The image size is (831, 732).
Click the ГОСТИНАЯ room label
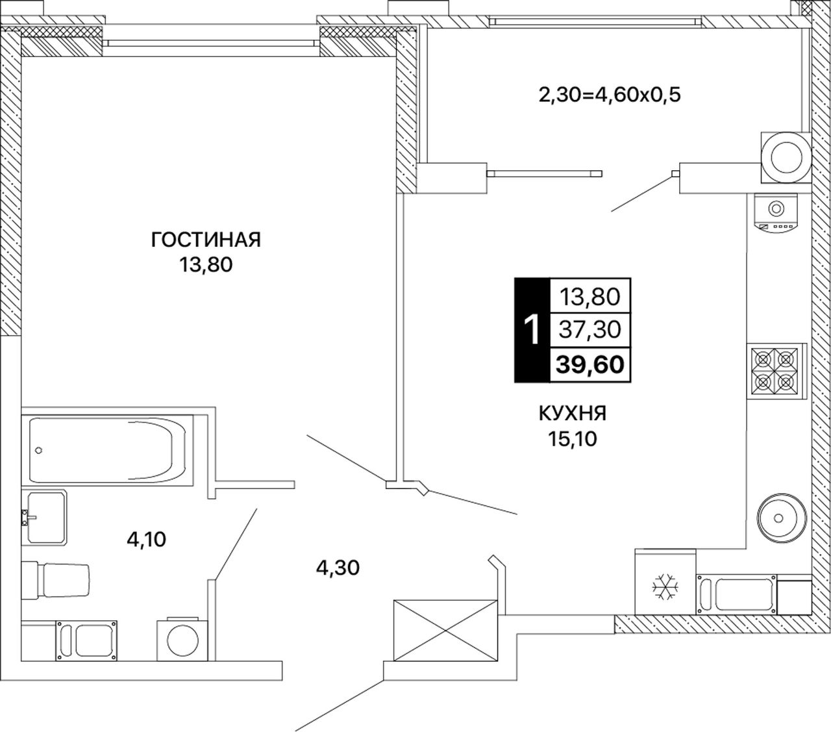point(206,240)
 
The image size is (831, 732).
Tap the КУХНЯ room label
point(573,413)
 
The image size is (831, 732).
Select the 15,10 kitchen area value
point(573,439)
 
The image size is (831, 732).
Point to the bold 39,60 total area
point(590,364)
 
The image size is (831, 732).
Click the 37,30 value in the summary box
point(590,329)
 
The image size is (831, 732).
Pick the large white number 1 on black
point(533,330)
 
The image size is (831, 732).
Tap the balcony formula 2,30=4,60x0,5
point(610,95)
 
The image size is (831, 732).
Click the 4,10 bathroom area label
point(147,540)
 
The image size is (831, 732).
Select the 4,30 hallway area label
point(338,568)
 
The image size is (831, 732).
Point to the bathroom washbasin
point(44,518)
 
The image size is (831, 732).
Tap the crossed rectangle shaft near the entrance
point(445,631)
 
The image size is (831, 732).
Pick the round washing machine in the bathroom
point(182,640)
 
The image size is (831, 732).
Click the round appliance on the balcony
point(786,157)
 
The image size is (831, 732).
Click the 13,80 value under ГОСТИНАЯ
point(206,265)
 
